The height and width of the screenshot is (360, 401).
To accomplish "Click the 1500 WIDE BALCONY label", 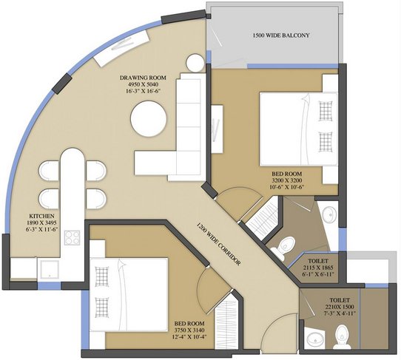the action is (281, 35).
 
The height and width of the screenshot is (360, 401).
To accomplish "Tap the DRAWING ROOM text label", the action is (143, 78).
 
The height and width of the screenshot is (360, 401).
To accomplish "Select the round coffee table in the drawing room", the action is (149, 119).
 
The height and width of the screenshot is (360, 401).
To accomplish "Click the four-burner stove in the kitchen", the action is (72, 237).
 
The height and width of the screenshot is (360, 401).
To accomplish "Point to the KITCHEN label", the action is (41, 216).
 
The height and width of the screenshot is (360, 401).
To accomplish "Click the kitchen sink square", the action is (50, 269).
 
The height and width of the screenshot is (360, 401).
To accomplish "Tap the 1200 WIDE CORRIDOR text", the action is (219, 244).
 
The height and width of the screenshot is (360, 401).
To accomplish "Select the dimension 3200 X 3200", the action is (286, 180).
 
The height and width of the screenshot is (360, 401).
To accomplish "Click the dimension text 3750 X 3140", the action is (189, 330).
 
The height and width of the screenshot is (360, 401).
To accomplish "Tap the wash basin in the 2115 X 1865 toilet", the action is (329, 214).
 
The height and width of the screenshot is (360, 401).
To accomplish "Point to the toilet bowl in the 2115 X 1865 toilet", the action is (283, 248).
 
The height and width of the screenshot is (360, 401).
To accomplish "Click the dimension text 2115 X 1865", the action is (318, 268).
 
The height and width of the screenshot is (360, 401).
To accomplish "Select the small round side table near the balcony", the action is (195, 63).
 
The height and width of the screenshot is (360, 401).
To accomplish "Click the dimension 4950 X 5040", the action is (143, 84).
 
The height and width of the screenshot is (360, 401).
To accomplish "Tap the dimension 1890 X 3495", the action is (41, 223).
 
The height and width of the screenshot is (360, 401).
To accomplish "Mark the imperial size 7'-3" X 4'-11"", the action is (340, 313).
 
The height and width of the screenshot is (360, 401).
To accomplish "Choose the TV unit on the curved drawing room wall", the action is (122, 48).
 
